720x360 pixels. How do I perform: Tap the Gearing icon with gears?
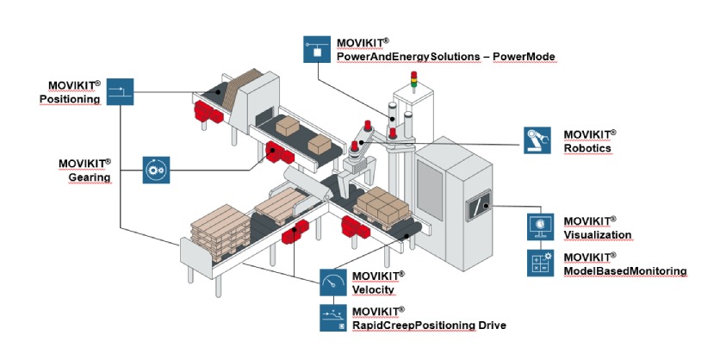[158, 169]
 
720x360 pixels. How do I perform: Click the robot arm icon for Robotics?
[539, 140]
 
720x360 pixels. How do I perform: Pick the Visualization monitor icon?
[541, 227]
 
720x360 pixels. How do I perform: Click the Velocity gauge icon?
[333, 282]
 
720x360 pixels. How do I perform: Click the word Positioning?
[70, 99]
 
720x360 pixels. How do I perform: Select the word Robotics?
[587, 148]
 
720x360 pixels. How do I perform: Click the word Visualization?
[598, 234]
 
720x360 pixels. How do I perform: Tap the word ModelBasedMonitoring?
[624, 270]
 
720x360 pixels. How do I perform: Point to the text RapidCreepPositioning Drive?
[429, 325]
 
